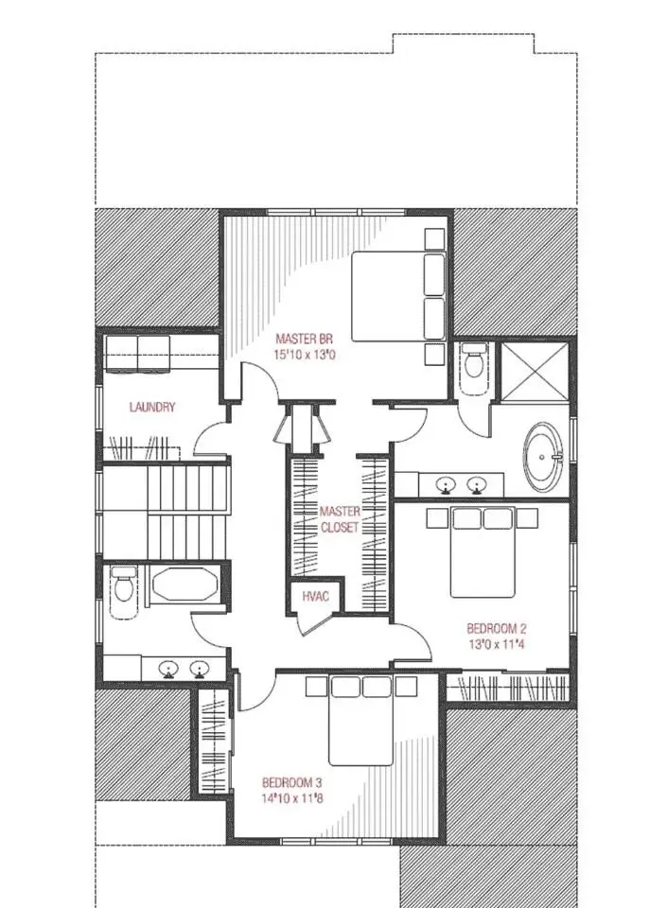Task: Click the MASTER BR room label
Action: pyautogui.click(x=304, y=339)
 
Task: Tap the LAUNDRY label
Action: pyautogui.click(x=151, y=407)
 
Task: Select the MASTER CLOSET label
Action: pyautogui.click(x=340, y=519)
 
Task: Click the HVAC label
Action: pyautogui.click(x=316, y=597)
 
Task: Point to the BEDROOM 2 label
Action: pyautogui.click(x=497, y=628)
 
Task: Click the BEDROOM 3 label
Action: pyautogui.click(x=291, y=783)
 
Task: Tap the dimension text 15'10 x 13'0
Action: pyautogui.click(x=304, y=355)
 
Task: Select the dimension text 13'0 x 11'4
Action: pyautogui.click(x=497, y=644)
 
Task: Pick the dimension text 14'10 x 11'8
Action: pyautogui.click(x=292, y=798)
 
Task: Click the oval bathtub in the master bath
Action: pyautogui.click(x=543, y=457)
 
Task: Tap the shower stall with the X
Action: pyautogui.click(x=535, y=371)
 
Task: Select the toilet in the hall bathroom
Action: pyautogui.click(x=123, y=585)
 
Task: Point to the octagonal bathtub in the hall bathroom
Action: pyautogui.click(x=184, y=585)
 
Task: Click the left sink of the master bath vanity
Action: pyautogui.click(x=446, y=483)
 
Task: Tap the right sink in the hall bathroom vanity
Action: pyautogui.click(x=200, y=670)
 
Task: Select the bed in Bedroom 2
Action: pyautogui.click(x=483, y=551)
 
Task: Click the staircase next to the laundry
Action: pyautogui.click(x=166, y=512)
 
